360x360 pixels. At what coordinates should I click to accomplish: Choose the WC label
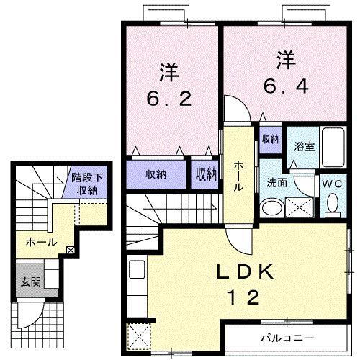click(x=331, y=183)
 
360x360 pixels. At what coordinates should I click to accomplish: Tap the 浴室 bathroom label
click(x=300, y=145)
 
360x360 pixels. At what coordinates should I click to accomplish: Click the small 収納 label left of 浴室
click(x=270, y=138)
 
